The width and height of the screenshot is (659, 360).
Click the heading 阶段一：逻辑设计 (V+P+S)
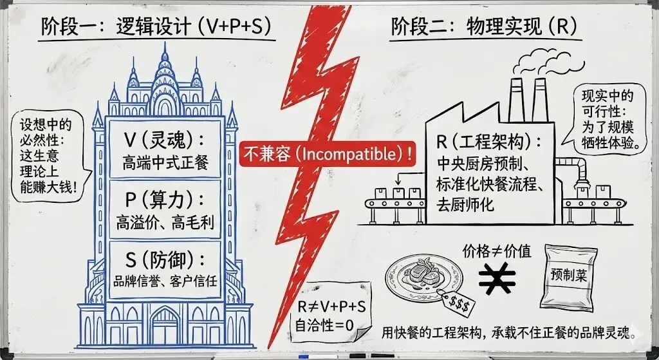click(155, 28)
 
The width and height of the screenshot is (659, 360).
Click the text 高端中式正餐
click(165, 163)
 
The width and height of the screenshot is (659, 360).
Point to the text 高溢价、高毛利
click(165, 222)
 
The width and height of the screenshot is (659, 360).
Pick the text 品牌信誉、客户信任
click(165, 281)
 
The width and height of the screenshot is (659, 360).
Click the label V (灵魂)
click(165, 141)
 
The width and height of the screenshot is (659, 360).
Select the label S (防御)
click(165, 260)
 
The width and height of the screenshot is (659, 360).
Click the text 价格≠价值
click(497, 252)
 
